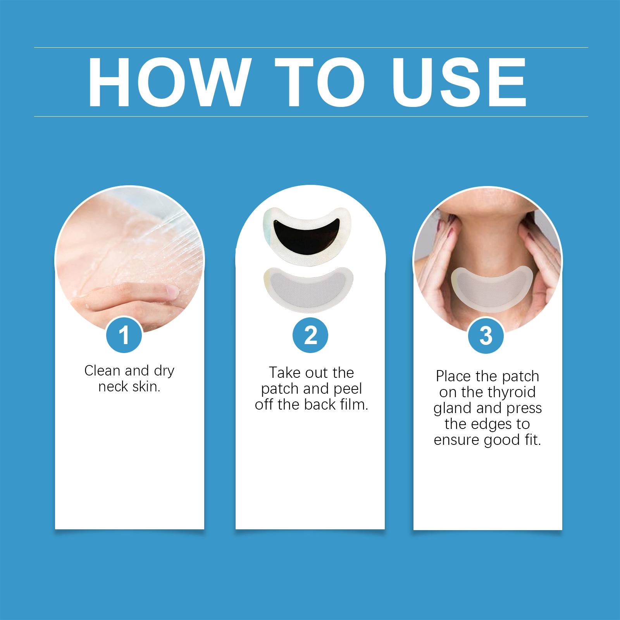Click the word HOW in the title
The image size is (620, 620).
coord(168,82)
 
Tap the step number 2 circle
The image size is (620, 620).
coord(310,335)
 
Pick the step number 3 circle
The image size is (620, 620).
coord(486,335)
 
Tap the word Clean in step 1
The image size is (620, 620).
coord(102,371)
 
